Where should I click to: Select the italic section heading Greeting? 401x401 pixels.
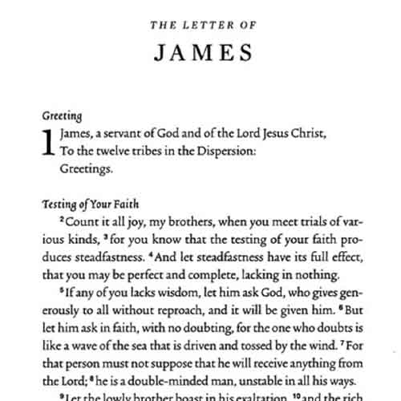point(62,115)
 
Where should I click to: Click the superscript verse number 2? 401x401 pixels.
point(63,219)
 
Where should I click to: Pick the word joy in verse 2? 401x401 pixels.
point(124,221)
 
